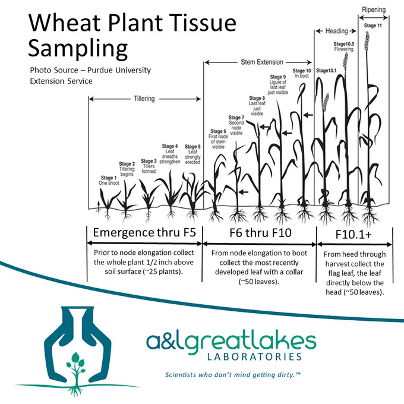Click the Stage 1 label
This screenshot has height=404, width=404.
click(109, 178)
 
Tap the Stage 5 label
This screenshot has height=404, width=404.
click(192, 146)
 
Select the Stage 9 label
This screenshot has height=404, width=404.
click(278, 77)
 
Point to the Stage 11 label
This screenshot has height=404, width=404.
click(373, 26)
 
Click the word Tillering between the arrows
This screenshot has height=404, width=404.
click(144, 99)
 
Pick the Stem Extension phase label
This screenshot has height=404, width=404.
click(262, 62)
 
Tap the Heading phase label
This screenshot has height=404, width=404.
click(336, 31)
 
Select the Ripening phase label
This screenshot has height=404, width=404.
click(374, 10)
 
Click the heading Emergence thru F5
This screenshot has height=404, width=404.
click(144, 232)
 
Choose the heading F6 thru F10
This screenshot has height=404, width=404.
click(260, 233)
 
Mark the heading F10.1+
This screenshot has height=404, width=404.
click(353, 235)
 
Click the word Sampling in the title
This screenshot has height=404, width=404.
click(78, 48)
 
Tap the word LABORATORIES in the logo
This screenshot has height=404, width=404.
click(254, 357)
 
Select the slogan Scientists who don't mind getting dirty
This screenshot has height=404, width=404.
click(233, 374)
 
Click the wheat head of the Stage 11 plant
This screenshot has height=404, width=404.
click(367, 40)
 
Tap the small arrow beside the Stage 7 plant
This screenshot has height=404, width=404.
click(244, 192)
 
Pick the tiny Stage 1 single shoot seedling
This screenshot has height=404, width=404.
click(99, 207)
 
